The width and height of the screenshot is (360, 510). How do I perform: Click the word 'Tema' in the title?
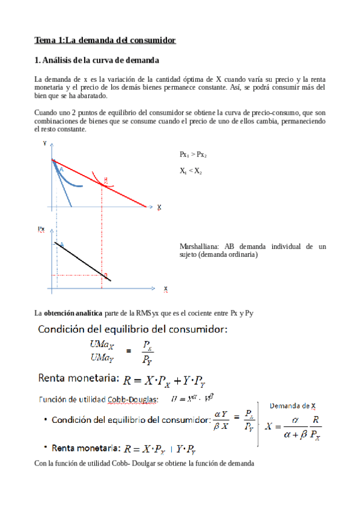(x=44, y=40)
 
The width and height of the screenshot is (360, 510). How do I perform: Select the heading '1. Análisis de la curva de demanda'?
(x=97, y=60)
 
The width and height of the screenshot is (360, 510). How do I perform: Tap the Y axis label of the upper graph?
(x=45, y=143)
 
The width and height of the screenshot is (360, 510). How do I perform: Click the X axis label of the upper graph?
(x=159, y=207)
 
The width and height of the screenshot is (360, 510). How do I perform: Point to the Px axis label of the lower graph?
(x=41, y=229)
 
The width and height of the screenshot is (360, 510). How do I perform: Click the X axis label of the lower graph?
(x=165, y=289)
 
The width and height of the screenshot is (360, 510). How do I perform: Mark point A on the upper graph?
(x=61, y=170)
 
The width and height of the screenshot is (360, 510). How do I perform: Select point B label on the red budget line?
(x=106, y=180)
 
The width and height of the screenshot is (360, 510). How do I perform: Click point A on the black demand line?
(x=61, y=245)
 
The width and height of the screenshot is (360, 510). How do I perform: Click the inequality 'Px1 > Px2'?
(x=193, y=155)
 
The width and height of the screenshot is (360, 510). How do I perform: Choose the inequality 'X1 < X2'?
(x=191, y=171)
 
